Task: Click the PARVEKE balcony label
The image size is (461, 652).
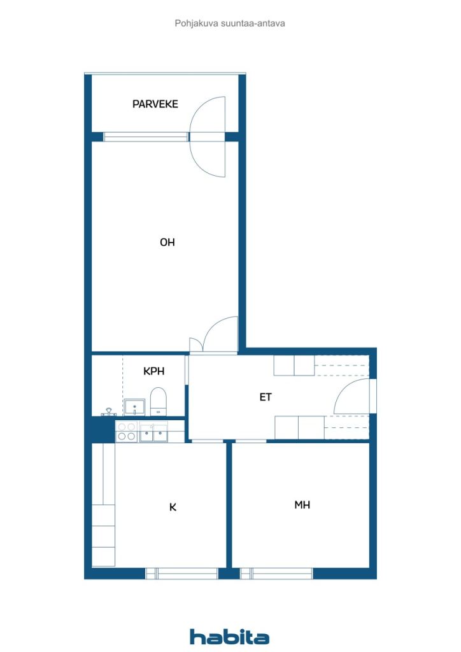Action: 155,104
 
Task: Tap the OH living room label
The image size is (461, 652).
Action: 167,242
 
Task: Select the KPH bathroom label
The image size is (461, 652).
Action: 153,371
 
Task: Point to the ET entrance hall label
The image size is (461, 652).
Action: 266,397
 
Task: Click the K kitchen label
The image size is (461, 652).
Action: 172,507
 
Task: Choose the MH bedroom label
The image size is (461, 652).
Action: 302,505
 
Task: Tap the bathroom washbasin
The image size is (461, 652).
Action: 134,406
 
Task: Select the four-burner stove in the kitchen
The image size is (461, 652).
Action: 126,432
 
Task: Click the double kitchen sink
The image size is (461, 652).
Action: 153,434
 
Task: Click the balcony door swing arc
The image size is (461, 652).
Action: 209,136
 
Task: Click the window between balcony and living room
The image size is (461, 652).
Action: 146,136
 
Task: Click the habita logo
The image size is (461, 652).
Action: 229,637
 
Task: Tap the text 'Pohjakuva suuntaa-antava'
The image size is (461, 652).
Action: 230,23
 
